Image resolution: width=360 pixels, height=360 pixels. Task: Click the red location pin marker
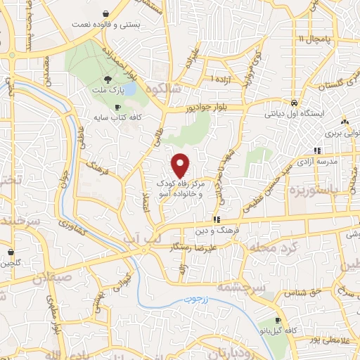181,165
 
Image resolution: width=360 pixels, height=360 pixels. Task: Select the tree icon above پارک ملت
107,79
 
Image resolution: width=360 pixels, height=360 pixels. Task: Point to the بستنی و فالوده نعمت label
105,25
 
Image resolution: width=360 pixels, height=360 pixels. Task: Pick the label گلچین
15,264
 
